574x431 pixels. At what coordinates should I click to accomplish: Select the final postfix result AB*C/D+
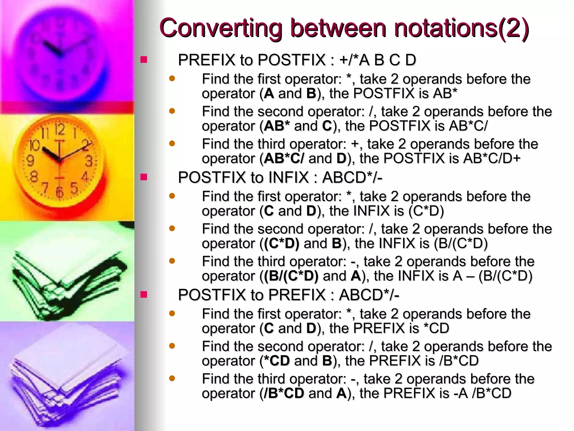(x=492, y=159)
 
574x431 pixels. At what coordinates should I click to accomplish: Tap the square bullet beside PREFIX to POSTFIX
(x=144, y=59)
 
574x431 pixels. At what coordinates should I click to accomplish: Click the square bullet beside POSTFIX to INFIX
(x=144, y=177)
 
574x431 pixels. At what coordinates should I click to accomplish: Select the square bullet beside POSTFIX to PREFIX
(x=144, y=294)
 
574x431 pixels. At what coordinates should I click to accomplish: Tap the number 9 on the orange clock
(x=30, y=161)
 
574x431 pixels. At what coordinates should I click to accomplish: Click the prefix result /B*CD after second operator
(x=459, y=361)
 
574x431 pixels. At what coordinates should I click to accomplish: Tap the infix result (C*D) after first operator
(x=426, y=211)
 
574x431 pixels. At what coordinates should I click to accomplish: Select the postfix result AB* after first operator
(x=445, y=93)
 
